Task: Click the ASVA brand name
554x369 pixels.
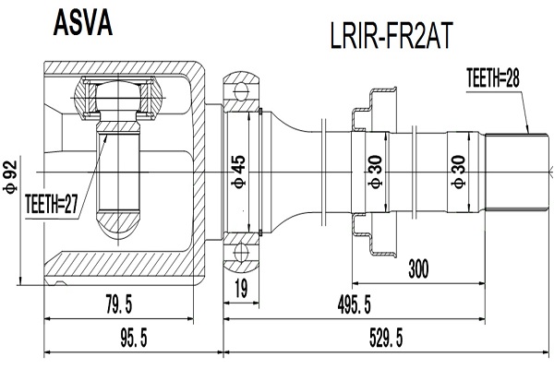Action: [83, 22]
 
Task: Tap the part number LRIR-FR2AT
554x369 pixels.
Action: [391, 36]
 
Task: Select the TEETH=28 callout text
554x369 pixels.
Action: [493, 78]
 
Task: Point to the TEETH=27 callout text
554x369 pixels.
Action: [51, 204]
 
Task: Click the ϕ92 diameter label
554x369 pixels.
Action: [10, 176]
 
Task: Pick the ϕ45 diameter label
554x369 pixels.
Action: [238, 172]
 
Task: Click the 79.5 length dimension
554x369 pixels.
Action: [119, 304]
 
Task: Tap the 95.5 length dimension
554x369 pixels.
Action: [134, 338]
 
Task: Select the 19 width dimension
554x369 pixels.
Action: [241, 289]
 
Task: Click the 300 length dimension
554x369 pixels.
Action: [418, 269]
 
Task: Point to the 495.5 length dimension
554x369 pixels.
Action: [354, 304]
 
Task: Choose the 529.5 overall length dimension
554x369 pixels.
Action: [386, 338]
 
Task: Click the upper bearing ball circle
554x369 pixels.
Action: [241, 90]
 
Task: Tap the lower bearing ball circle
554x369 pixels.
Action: [241, 253]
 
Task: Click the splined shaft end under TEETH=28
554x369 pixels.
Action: [517, 173]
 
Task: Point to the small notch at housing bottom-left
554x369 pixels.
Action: [61, 283]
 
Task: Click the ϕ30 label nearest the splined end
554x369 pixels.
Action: [458, 172]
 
